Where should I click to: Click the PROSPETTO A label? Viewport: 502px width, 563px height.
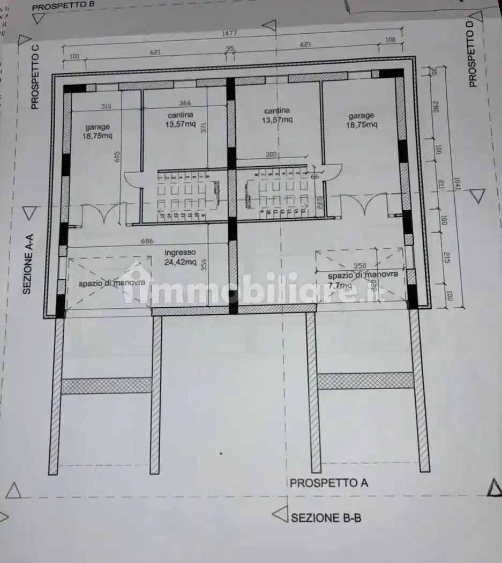tap(328, 483)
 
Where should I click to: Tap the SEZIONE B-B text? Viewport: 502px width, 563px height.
tap(326, 517)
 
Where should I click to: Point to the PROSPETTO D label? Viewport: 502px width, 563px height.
tap(472, 58)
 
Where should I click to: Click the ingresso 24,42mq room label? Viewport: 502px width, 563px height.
tap(180, 257)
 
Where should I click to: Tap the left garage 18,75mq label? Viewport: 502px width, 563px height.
tap(98, 131)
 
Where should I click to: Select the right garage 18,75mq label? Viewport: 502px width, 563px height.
tap(362, 120)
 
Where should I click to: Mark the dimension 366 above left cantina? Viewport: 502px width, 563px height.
tap(185, 103)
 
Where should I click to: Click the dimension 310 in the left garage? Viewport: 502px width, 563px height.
tap(106, 107)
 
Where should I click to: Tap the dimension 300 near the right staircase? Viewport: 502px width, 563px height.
tap(271, 154)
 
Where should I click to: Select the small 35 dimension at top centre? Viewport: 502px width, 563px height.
tap(230, 49)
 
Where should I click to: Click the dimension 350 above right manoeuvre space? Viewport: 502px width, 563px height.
tap(360, 266)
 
